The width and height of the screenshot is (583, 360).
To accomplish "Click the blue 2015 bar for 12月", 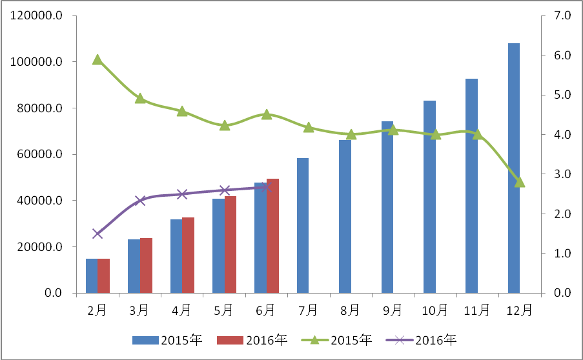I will (513, 168).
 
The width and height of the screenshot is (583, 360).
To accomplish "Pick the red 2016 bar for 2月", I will (104, 275).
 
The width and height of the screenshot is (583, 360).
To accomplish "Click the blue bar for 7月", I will (303, 225).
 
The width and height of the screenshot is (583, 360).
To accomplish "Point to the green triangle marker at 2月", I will (97, 60).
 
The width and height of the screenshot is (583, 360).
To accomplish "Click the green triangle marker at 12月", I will (520, 182).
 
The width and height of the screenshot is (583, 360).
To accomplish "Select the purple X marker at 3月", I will (140, 201).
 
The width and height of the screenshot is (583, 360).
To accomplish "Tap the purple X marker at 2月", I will (97, 234).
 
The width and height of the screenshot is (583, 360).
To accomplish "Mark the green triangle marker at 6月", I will (267, 114).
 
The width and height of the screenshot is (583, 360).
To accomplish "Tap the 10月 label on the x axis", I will (435, 310).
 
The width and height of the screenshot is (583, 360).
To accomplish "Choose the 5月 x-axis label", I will (224, 310).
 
